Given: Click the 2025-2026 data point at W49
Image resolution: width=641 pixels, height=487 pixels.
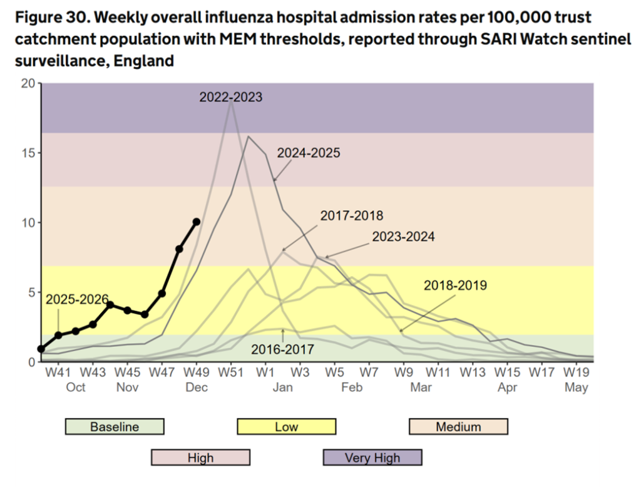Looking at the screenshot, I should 197,222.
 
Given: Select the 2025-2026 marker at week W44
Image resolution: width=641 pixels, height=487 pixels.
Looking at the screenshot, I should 110,305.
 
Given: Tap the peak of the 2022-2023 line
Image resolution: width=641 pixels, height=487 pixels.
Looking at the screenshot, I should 232,104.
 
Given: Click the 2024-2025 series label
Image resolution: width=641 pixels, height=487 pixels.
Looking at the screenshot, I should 309,153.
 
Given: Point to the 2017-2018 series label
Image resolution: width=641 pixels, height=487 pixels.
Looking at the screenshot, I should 351,216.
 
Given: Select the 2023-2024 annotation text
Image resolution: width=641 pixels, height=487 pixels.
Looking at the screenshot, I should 403,237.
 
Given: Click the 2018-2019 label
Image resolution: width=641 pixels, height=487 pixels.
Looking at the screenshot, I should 455,285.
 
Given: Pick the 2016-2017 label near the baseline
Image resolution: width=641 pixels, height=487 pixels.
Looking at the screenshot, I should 282,349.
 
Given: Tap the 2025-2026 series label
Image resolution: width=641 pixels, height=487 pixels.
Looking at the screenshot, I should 77,299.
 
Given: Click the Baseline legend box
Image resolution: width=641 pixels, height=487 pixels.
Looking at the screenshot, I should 115,427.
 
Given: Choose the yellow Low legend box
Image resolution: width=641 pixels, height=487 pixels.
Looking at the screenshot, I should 287,427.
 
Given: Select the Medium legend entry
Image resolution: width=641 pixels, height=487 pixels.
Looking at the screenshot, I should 458,427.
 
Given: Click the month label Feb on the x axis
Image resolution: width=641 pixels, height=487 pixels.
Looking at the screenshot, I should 352,387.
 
